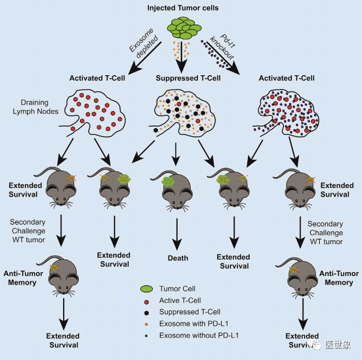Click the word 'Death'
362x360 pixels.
click(174, 258)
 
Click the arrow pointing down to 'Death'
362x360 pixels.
click(175, 231)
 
